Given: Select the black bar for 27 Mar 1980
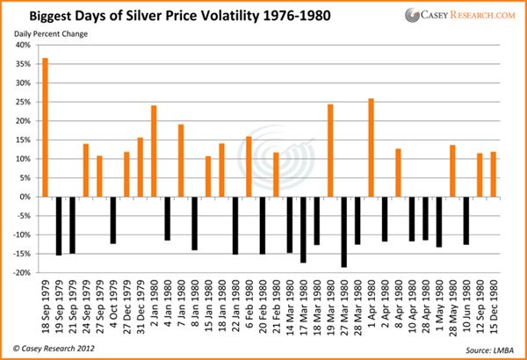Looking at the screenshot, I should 344,232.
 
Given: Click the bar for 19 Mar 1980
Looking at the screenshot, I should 330,150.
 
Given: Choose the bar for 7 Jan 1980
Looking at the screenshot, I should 181,161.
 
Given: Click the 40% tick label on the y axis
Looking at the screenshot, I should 24,46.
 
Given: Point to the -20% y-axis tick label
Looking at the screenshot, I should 22,273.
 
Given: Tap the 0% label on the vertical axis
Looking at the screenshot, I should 26,197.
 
